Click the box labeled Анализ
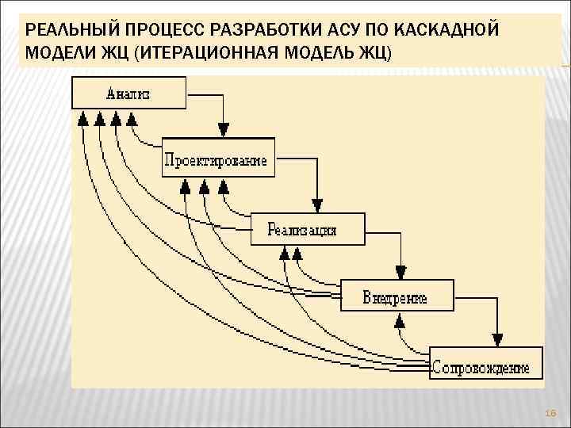tap(128, 93)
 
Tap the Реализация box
tap(307, 229)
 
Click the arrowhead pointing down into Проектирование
tap(224, 129)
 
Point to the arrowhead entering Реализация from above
tap(316, 204)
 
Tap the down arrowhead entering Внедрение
tap(401, 271)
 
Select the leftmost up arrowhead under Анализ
tap(82, 119)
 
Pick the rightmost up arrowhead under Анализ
tap(132, 119)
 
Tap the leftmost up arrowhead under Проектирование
tap(185, 187)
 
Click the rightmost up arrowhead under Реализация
tap(297, 254)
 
